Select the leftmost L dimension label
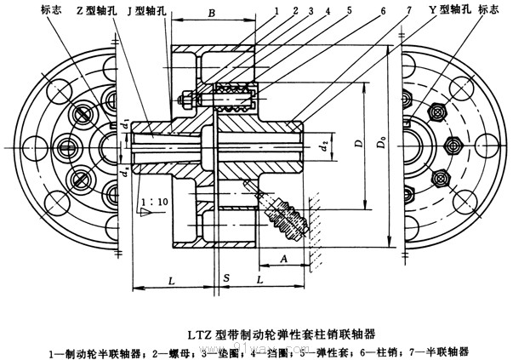(x=172, y=279)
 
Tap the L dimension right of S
(x=259, y=278)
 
